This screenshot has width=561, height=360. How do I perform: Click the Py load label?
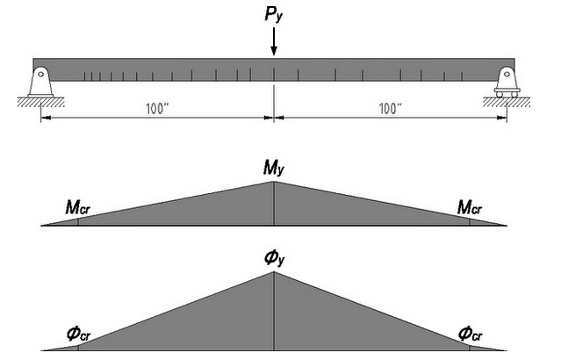click(274, 15)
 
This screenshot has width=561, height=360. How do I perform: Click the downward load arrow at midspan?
click(274, 41)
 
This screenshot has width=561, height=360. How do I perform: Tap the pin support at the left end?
click(40, 82)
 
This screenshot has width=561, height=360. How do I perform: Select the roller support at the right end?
click(507, 82)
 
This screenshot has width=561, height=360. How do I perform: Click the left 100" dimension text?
click(157, 109)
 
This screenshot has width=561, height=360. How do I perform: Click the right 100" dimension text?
click(390, 109)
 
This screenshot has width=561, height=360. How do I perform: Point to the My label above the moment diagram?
click(274, 168)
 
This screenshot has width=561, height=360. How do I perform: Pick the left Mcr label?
click(78, 207)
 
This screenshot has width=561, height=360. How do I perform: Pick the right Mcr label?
click(470, 207)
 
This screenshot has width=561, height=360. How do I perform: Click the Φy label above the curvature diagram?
click(275, 258)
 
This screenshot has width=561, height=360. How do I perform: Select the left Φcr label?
click(79, 335)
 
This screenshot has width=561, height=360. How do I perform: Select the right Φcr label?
click(470, 335)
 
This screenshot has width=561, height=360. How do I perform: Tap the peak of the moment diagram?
click(274, 182)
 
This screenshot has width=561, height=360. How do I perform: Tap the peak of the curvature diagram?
click(274, 272)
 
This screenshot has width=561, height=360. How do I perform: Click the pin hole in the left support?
click(40, 74)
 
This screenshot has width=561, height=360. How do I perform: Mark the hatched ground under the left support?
click(40, 102)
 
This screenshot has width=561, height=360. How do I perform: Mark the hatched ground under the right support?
click(507, 102)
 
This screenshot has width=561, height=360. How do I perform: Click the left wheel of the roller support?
click(500, 95)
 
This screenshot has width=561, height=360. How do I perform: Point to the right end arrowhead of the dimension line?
click(503, 117)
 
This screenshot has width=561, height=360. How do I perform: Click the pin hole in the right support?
click(507, 74)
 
